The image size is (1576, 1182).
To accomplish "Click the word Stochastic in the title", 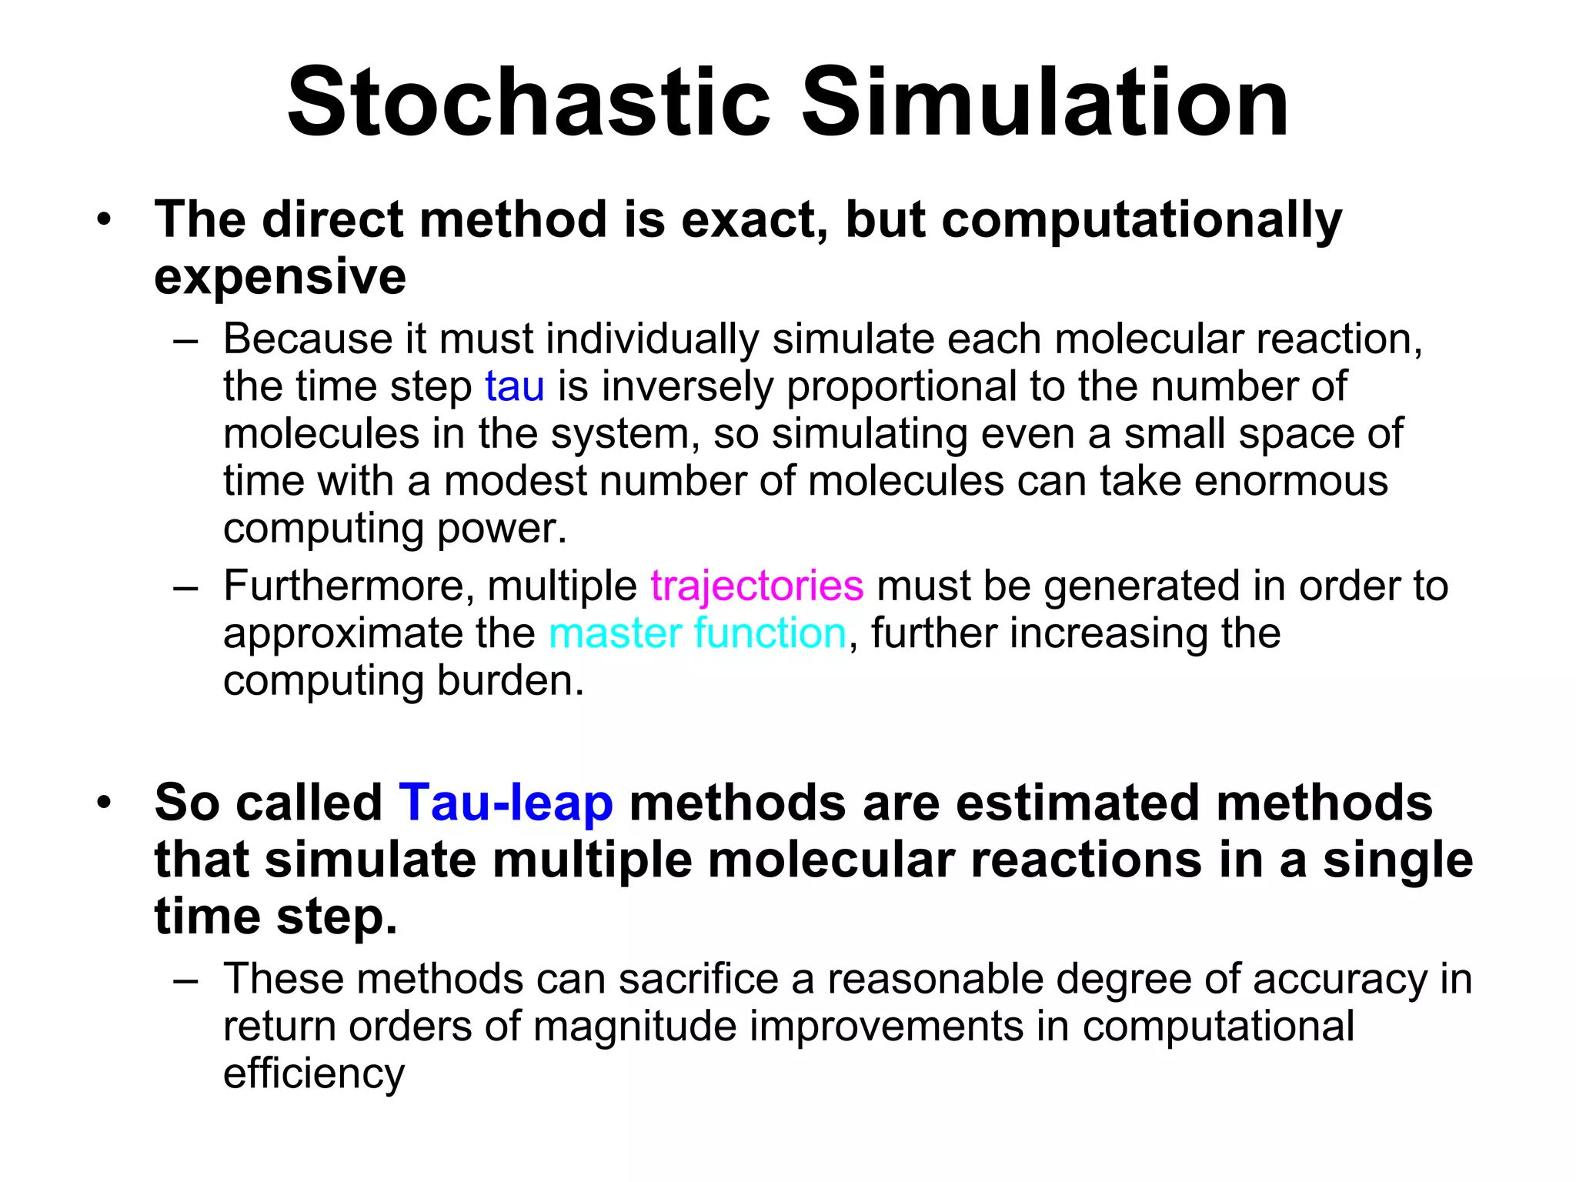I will click(529, 102).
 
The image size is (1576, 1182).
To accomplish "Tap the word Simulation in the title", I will click(1045, 102).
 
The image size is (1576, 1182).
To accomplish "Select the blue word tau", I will click(514, 386).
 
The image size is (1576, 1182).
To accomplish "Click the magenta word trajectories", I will click(756, 586).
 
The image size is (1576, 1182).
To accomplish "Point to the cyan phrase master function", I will click(697, 633).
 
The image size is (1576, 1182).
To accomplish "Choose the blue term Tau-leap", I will click(506, 802).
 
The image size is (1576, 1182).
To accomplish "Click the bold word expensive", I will click(280, 277).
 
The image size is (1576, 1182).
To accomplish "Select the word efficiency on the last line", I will click(313, 1073).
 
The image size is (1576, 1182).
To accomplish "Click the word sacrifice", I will click(699, 979).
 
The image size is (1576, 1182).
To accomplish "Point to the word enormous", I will click(1291, 481).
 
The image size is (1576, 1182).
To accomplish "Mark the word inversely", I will click(686, 386).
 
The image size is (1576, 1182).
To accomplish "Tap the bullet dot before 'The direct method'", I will click(104, 220).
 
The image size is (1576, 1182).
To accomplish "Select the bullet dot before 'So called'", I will click(104, 803).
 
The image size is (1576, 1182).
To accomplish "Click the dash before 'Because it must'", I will click(186, 340).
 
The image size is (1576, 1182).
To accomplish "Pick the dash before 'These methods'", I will click(186, 980).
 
